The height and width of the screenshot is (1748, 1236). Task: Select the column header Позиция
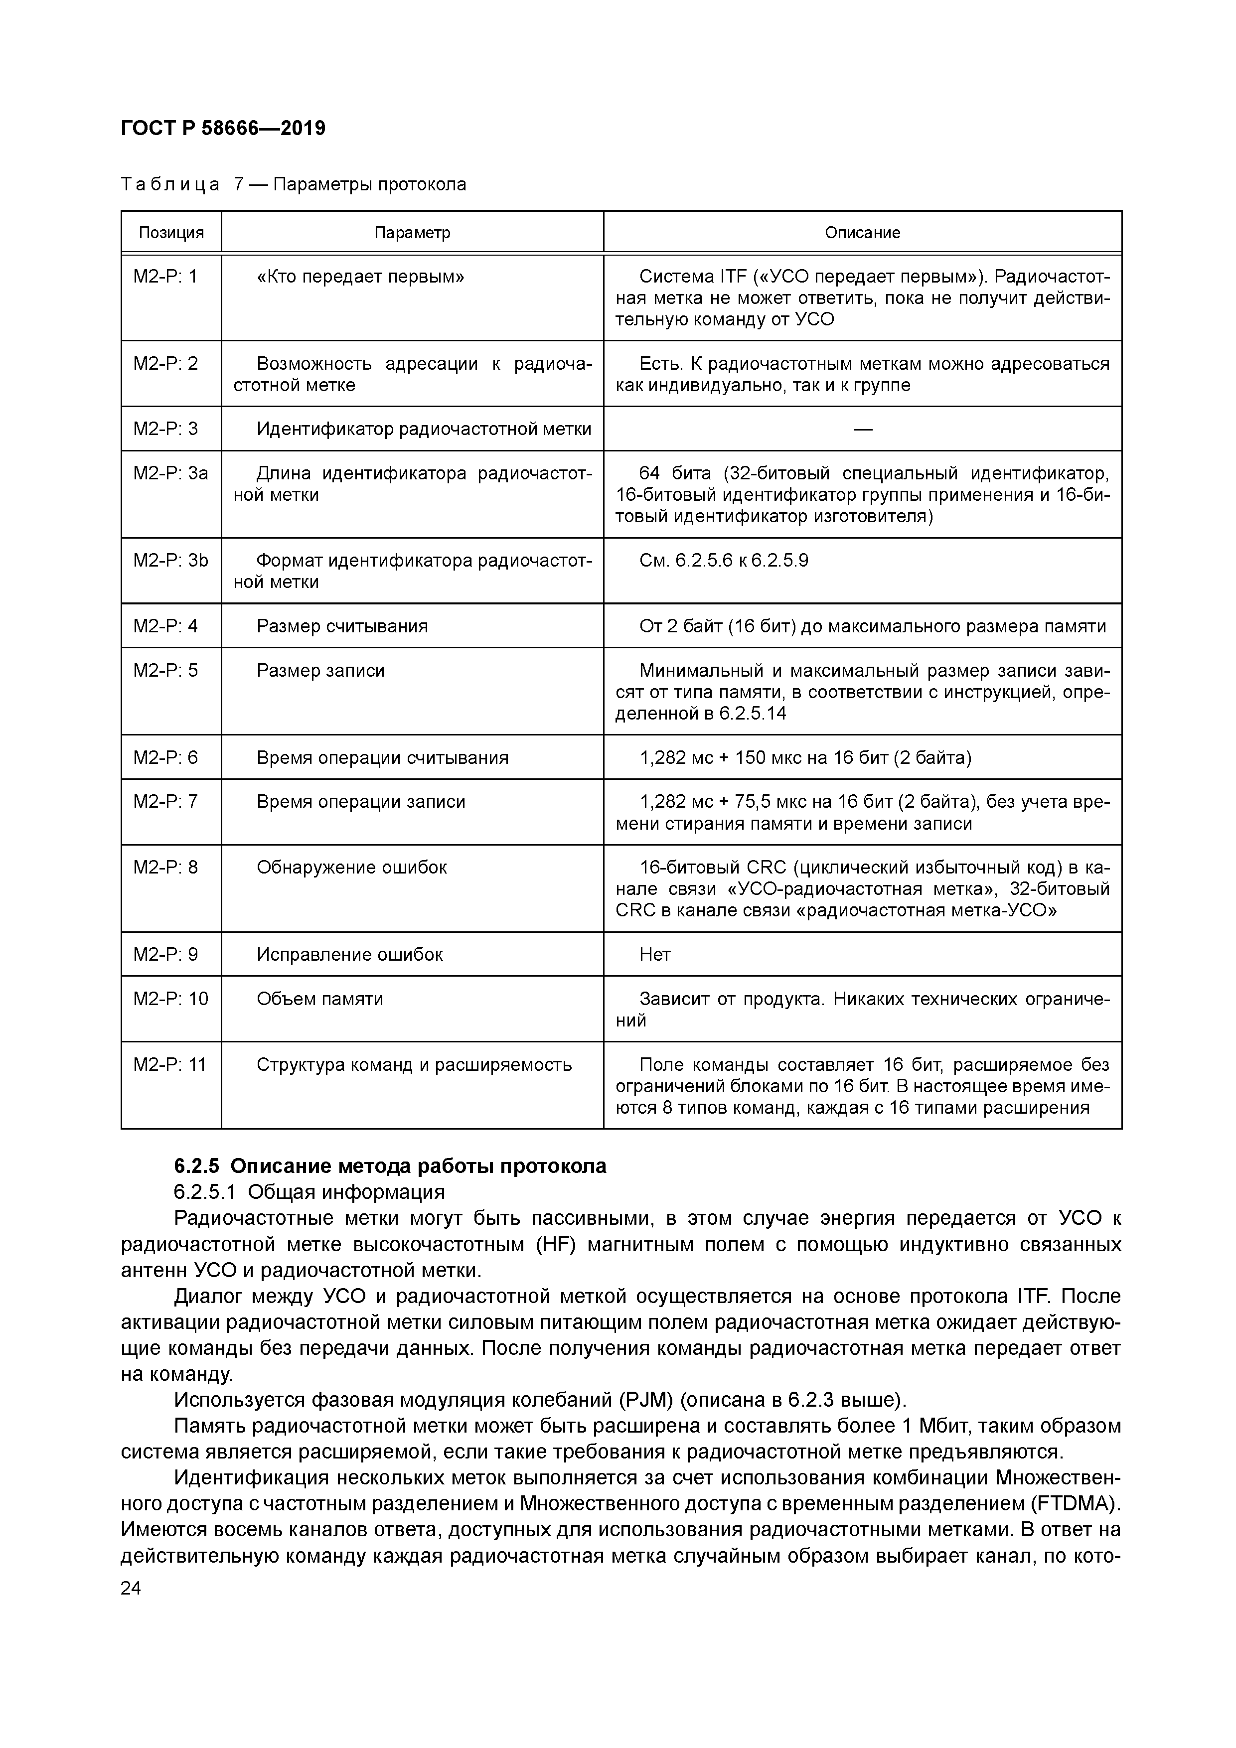(x=171, y=232)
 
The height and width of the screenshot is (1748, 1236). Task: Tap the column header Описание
(x=862, y=232)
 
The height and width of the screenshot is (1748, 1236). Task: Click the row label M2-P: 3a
(x=170, y=473)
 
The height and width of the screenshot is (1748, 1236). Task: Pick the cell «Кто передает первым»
(x=360, y=277)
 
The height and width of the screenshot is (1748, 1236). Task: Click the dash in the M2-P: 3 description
(x=862, y=430)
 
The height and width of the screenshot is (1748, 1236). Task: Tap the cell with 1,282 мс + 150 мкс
(x=805, y=757)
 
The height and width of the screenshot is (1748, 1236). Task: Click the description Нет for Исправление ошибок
(x=655, y=955)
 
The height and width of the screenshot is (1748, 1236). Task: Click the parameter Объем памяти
(x=320, y=999)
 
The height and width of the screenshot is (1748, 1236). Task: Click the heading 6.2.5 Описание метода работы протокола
(x=390, y=1166)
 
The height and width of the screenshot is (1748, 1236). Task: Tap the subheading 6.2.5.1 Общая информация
(x=309, y=1191)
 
